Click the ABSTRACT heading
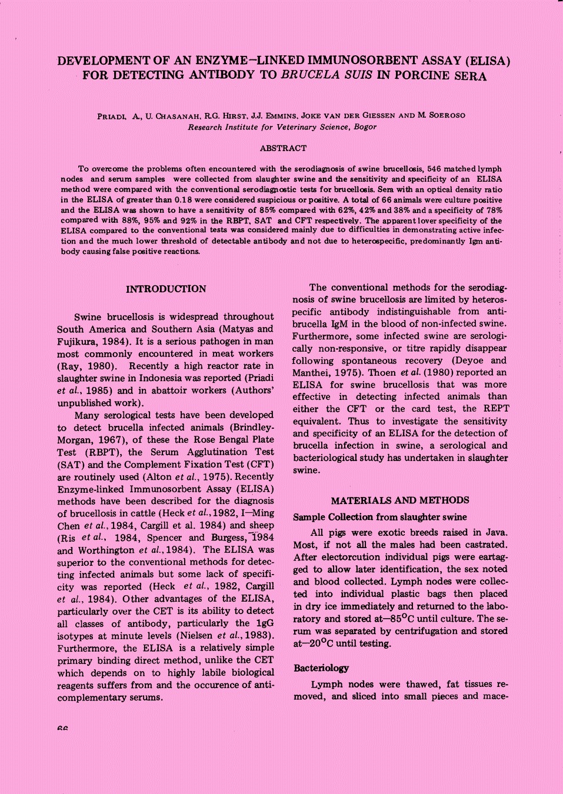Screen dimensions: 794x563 (x=283, y=148)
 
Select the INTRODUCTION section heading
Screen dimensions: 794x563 (x=166, y=289)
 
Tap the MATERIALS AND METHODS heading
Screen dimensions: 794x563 (x=400, y=501)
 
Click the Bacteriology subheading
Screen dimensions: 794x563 (x=321, y=668)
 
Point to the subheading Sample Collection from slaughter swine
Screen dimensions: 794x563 (x=380, y=517)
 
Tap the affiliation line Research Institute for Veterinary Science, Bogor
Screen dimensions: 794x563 (x=282, y=127)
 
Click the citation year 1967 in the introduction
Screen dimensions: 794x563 (x=99, y=440)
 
